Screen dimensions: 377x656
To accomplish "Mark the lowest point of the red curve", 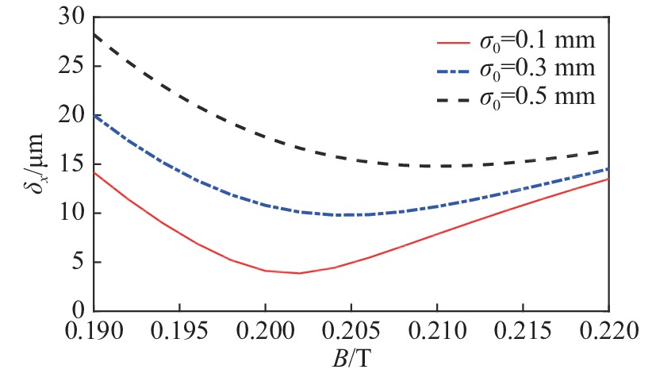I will click(x=299, y=273).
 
